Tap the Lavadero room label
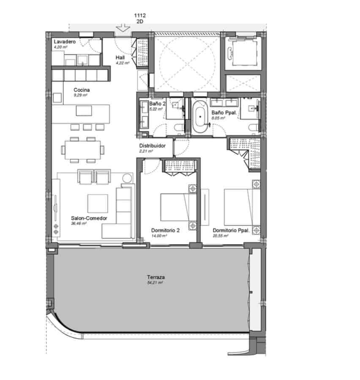[65, 42]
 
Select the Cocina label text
[82, 90]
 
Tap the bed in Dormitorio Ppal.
[239, 207]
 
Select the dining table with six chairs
[82, 149]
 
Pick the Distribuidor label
[152, 145]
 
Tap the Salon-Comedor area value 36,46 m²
[79, 224]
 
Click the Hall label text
[120, 58]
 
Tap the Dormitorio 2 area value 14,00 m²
[159, 236]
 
